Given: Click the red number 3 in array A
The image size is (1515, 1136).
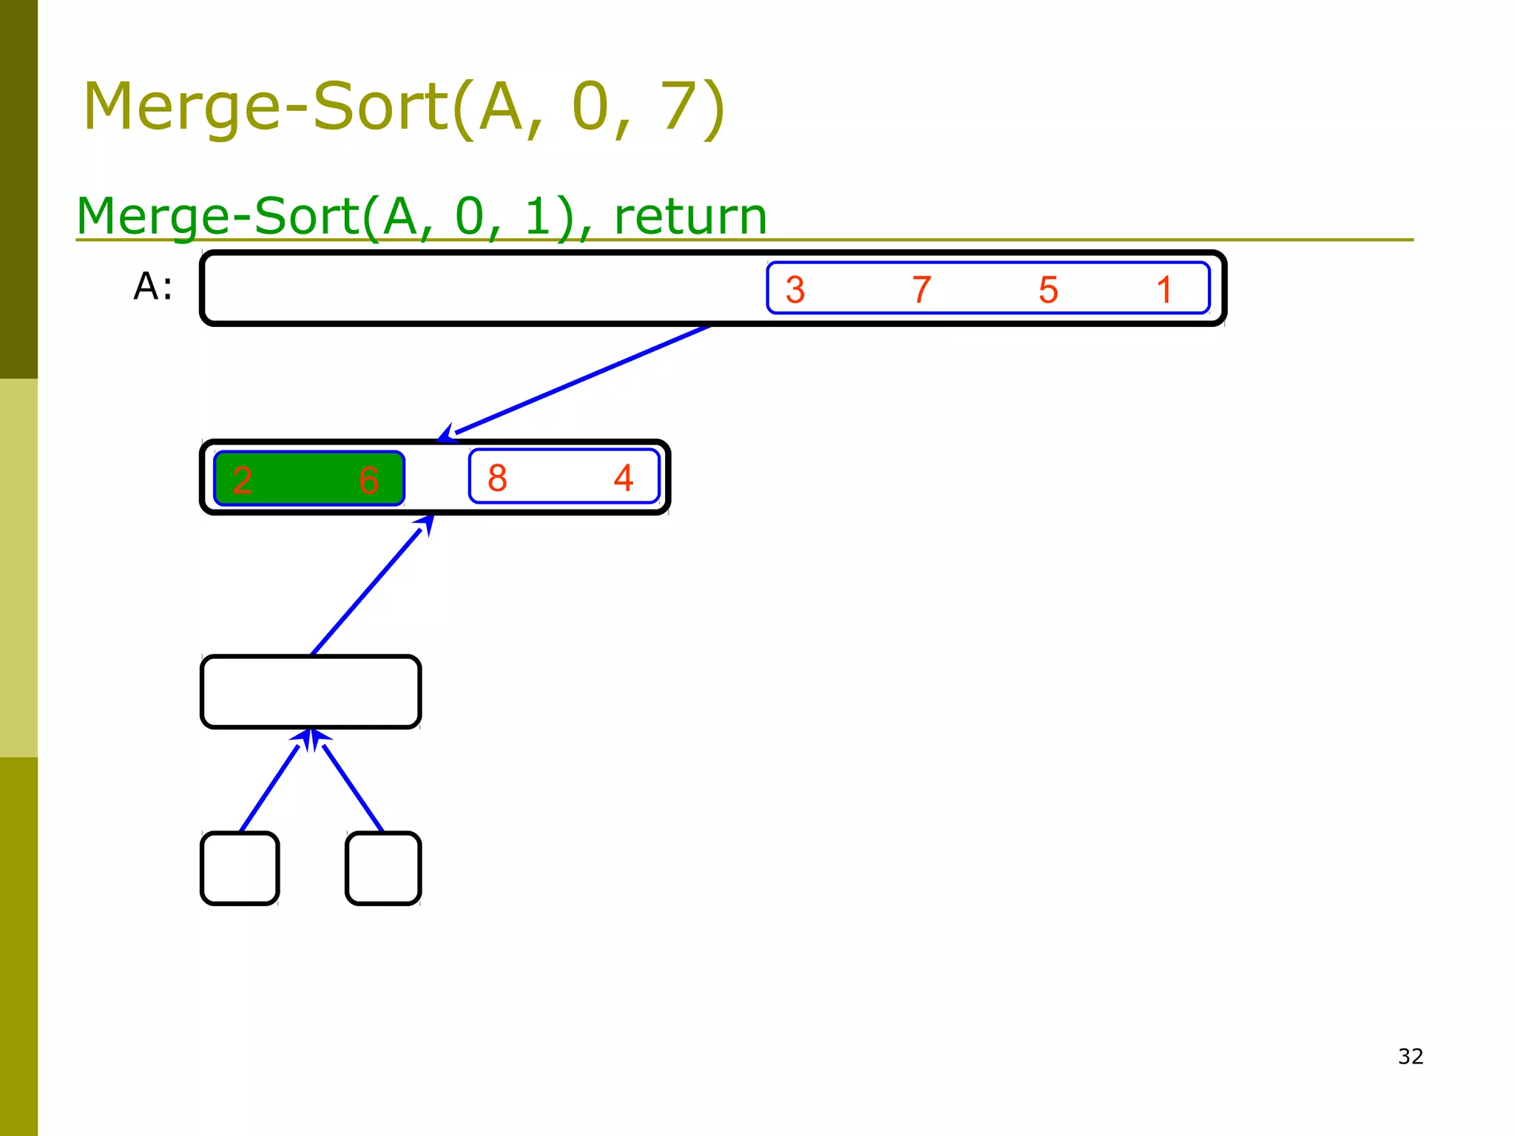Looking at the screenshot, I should (795, 290).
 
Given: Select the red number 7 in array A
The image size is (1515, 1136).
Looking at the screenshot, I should (921, 290).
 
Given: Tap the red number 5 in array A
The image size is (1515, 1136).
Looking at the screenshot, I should (1048, 290).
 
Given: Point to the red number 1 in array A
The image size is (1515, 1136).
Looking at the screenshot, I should (1164, 290).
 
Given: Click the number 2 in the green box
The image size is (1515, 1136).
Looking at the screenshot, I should (243, 480).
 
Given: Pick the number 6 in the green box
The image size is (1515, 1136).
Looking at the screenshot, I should (368, 480).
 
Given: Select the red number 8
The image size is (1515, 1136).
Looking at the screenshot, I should (497, 478).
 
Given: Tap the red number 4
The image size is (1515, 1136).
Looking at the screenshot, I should (624, 478).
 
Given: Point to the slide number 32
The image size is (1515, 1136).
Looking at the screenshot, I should (1411, 1056).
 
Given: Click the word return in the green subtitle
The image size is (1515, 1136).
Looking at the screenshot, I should (690, 217).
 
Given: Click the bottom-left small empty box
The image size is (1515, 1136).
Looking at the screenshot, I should (240, 868).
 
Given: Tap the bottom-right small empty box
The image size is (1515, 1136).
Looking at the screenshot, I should (383, 868).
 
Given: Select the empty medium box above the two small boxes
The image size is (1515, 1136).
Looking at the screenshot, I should (311, 692).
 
